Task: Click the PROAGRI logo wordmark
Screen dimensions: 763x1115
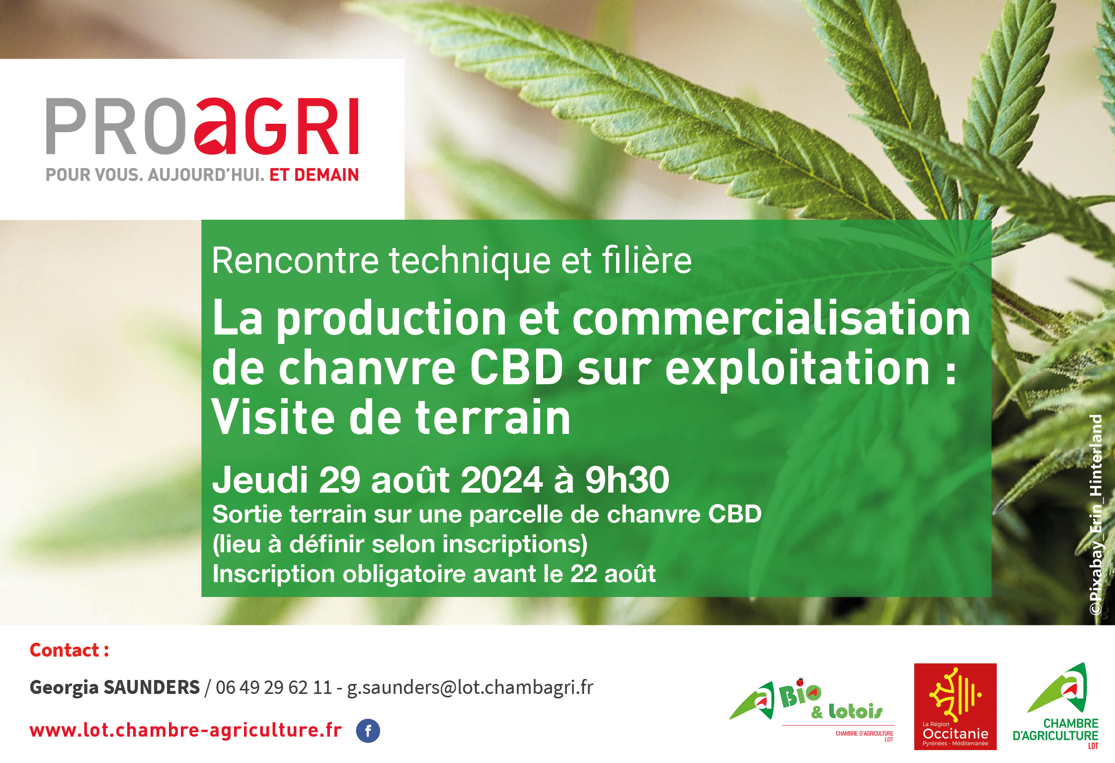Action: click(202, 126)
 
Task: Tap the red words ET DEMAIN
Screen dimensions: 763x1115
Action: click(314, 175)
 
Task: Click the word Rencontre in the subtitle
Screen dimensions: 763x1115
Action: click(295, 260)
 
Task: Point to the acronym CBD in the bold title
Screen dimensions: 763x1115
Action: click(516, 368)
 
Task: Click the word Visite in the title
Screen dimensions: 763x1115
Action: click(272, 418)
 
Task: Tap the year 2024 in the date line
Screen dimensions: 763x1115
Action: click(502, 480)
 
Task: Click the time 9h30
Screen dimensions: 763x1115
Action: click(627, 480)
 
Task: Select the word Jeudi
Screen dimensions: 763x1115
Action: click(260, 480)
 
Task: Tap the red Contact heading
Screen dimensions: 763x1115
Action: click(69, 650)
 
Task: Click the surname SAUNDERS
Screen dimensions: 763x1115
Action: click(151, 687)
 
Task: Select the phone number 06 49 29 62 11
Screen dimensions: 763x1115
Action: click(273, 687)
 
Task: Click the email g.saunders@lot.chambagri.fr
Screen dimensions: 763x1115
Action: click(470, 687)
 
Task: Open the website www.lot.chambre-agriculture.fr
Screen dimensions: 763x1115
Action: click(185, 730)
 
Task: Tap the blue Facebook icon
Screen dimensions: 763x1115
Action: click(368, 731)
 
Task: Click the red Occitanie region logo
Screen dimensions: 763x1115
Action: click(955, 706)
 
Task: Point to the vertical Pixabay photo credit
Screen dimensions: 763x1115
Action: click(1096, 514)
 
